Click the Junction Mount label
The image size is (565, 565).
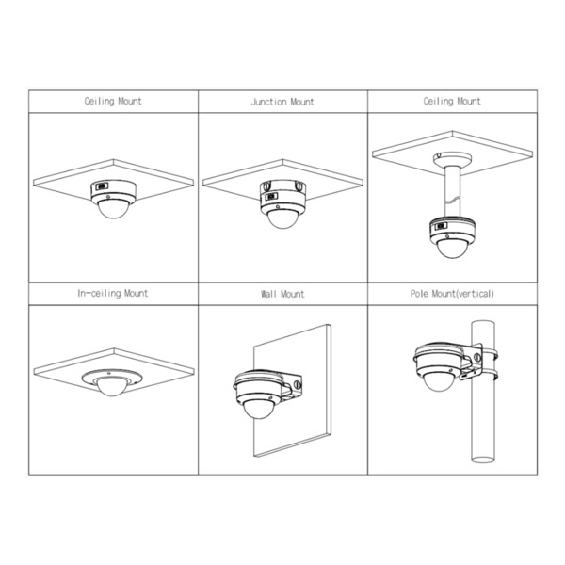(x=282, y=102)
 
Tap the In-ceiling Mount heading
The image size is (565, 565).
(x=113, y=294)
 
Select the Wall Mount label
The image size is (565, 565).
(x=282, y=294)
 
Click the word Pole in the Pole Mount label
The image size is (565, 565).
(x=420, y=294)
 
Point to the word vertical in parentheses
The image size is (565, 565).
(x=475, y=294)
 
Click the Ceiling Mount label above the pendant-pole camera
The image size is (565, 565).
(x=452, y=102)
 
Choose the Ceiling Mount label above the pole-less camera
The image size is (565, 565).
(x=113, y=102)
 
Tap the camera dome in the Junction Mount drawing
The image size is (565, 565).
(x=282, y=218)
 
